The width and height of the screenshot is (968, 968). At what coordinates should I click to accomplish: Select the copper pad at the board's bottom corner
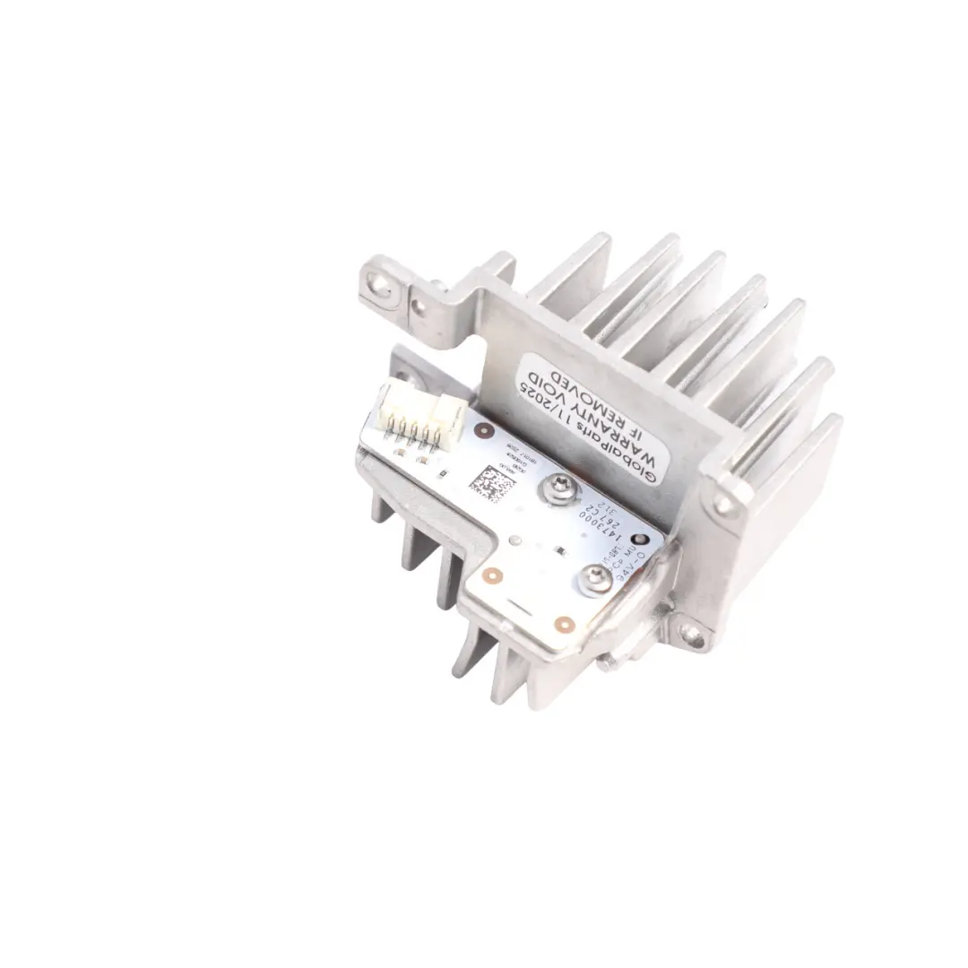[x=563, y=624]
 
